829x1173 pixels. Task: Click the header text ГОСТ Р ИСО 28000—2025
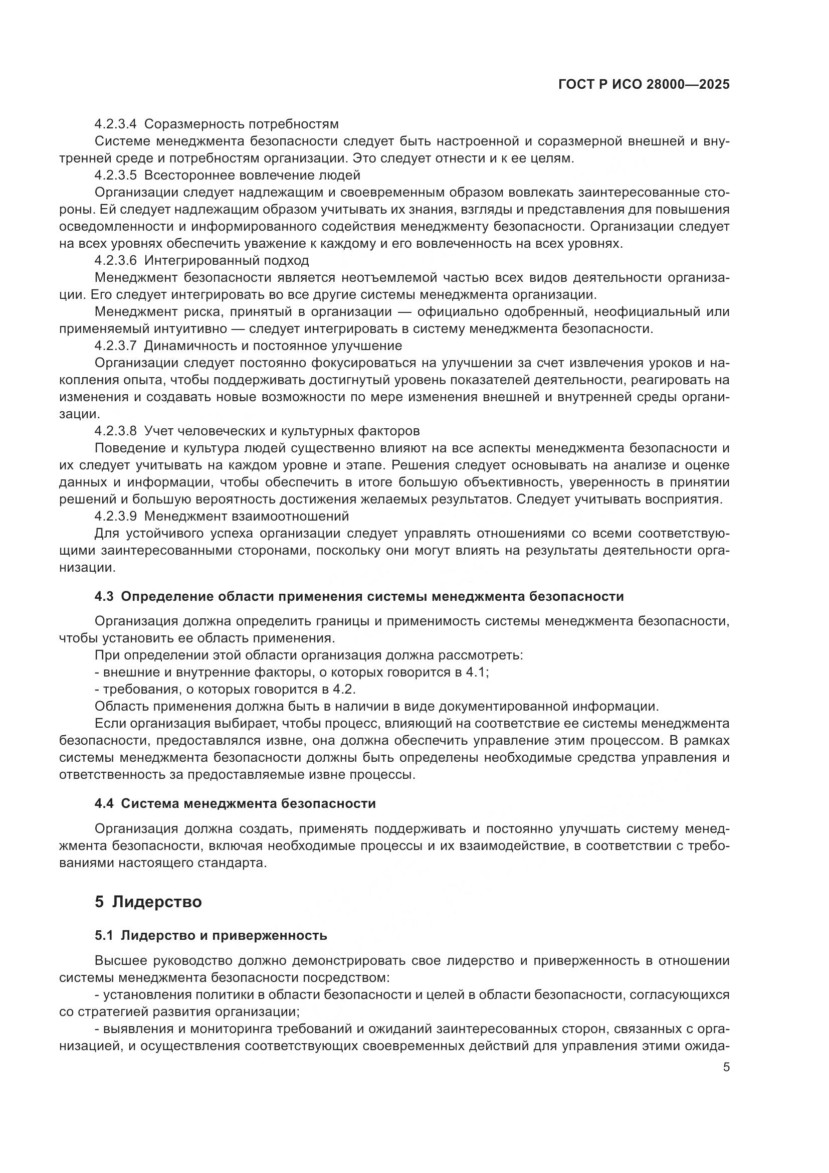[644, 85]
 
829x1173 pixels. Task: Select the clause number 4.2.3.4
[115, 124]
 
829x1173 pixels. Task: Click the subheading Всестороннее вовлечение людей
[252, 175]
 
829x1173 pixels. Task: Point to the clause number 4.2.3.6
[115, 261]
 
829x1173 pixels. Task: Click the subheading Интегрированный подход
[227, 261]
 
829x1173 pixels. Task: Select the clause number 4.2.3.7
[115, 346]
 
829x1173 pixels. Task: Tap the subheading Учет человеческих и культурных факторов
[282, 431]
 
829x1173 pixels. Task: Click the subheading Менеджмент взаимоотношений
[247, 516]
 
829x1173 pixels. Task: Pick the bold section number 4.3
[104, 597]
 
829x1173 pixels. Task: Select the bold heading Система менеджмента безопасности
[248, 803]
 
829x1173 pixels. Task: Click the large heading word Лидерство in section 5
[157, 902]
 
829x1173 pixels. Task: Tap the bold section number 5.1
[104, 935]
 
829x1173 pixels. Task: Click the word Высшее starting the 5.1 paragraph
[120, 960]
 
